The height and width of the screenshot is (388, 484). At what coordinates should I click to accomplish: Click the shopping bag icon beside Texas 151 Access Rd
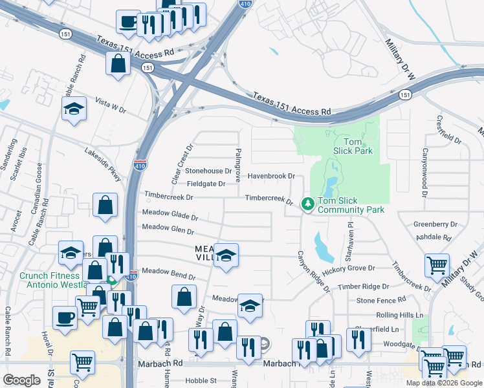point(118,64)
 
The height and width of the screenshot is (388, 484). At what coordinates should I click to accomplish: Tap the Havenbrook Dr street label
point(271,176)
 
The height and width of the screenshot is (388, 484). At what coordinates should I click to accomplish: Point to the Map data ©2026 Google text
point(444,382)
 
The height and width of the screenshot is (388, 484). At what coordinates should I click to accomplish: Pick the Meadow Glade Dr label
point(170,215)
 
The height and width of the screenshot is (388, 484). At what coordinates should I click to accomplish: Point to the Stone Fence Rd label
point(381,300)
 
